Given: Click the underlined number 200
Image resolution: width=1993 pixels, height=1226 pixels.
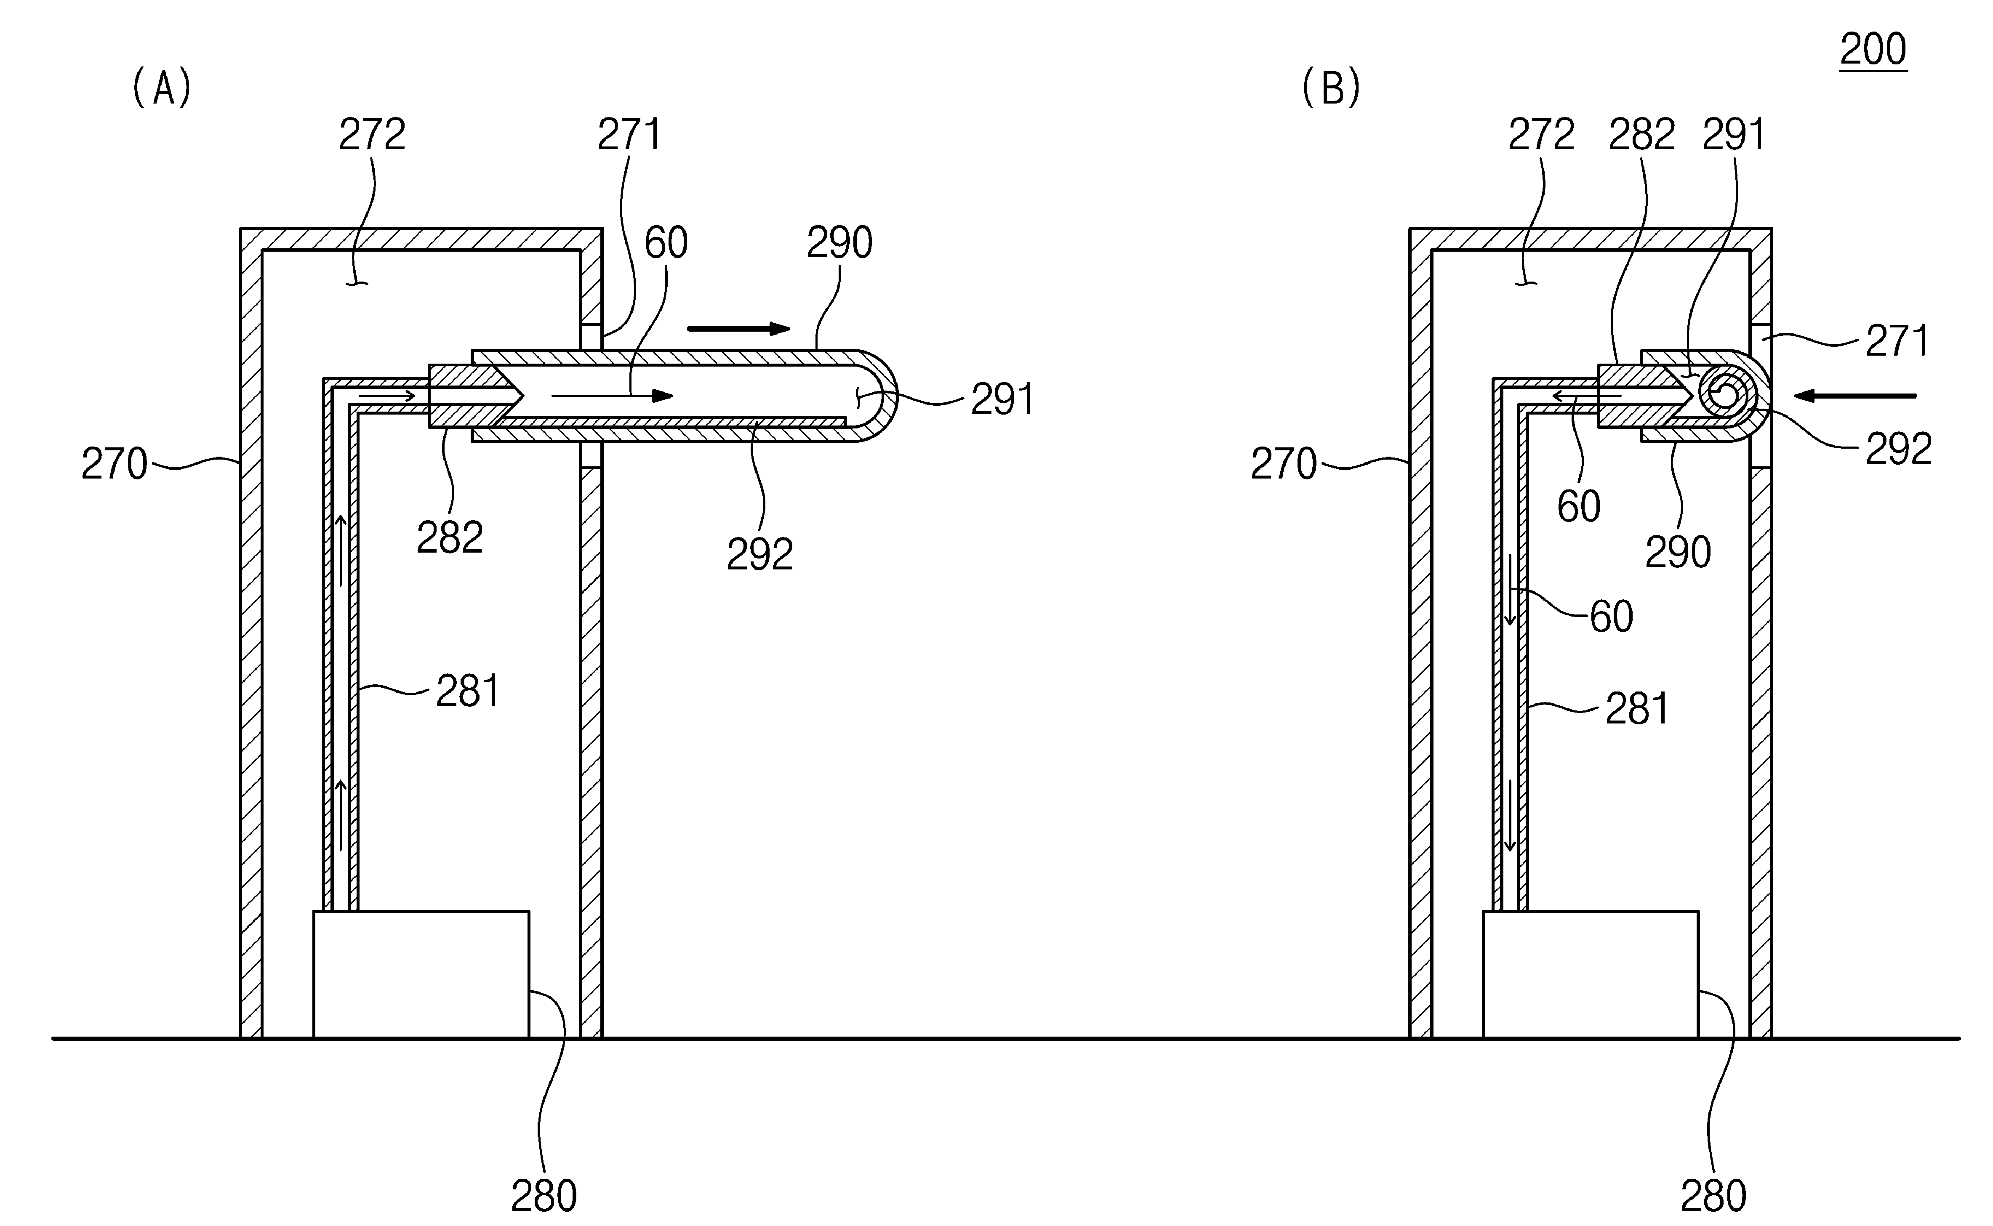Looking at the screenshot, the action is pyautogui.click(x=1873, y=50).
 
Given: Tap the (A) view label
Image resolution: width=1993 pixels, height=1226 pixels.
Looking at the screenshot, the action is pyautogui.click(x=162, y=88).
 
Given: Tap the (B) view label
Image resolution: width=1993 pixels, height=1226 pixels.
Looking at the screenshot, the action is pyautogui.click(x=1331, y=88).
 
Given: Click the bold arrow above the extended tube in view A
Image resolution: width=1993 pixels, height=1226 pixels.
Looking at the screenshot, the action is pyautogui.click(x=739, y=328).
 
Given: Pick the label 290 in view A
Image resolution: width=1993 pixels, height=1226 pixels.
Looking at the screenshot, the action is pyautogui.click(x=839, y=242).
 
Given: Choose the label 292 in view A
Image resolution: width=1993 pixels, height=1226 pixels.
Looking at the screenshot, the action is pyautogui.click(x=760, y=555).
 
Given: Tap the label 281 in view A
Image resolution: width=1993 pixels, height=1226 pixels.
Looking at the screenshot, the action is pyautogui.click(x=468, y=691).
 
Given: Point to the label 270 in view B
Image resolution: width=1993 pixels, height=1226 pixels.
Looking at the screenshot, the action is pyautogui.click(x=1284, y=464).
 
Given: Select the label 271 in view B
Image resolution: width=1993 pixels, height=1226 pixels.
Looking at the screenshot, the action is pyautogui.click(x=1897, y=340).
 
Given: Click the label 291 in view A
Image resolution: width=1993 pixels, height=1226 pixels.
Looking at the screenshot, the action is pyautogui.click(x=1003, y=399).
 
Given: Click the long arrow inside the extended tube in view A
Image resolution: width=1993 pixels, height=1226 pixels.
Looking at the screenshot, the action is pyautogui.click(x=612, y=396).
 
